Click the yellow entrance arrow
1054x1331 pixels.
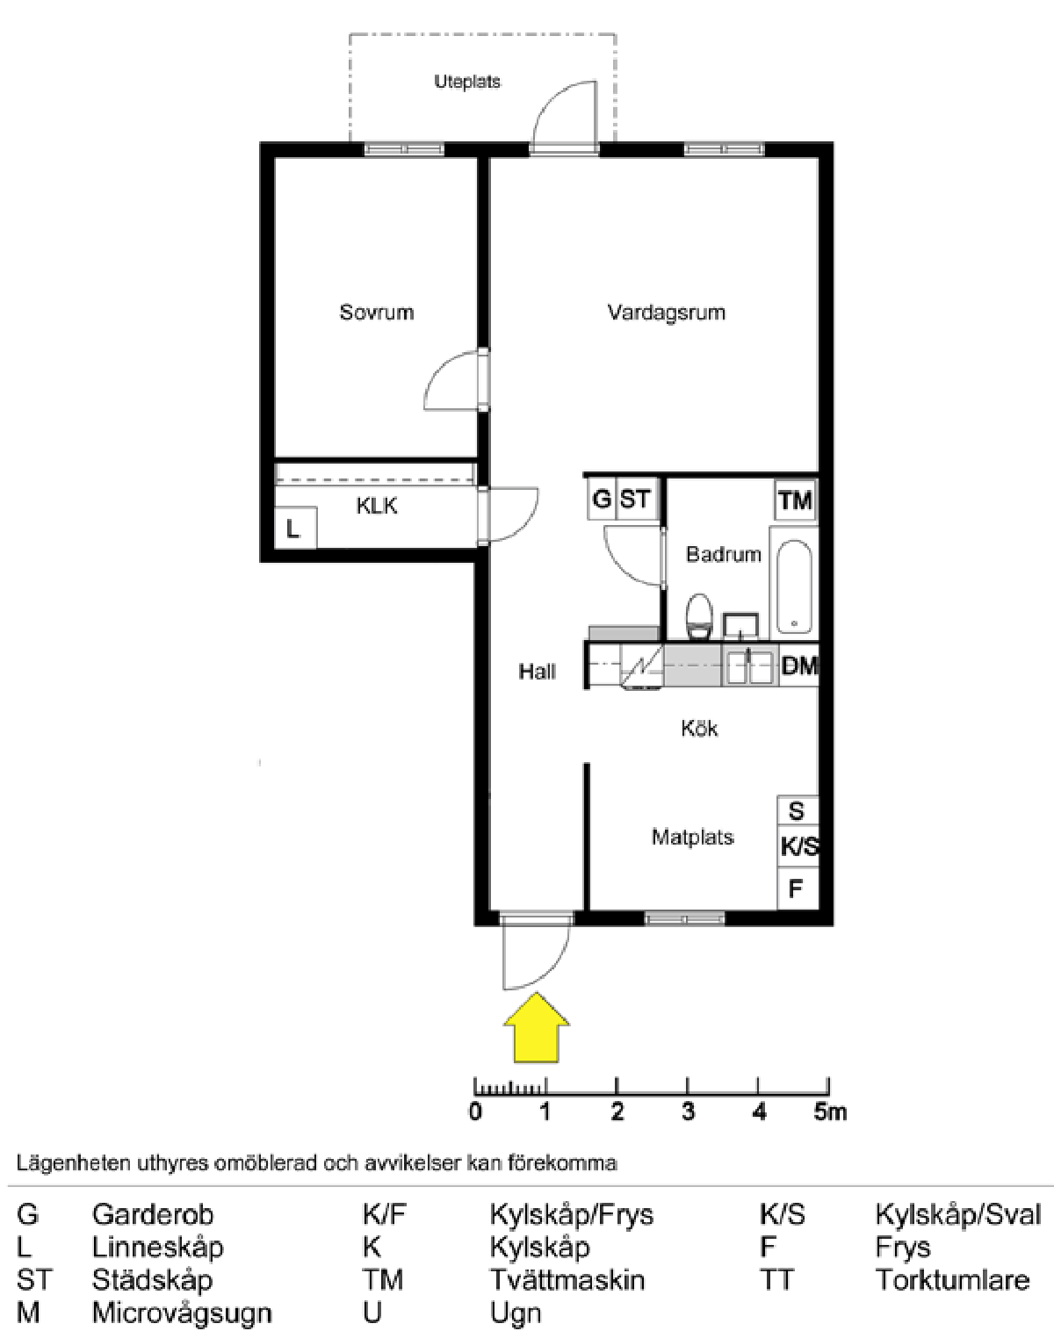[536, 1029]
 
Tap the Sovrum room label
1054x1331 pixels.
[376, 313]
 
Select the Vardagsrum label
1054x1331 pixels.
[666, 313]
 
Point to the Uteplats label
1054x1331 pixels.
[467, 83]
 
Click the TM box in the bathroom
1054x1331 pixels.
[795, 500]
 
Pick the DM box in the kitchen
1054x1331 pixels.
[798, 665]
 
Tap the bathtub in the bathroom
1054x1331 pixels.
[794, 584]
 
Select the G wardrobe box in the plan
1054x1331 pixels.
[602, 500]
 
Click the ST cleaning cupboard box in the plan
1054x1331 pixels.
[636, 500]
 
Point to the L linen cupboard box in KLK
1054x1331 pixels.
[294, 529]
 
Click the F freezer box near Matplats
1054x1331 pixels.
[796, 889]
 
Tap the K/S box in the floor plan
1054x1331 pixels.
[798, 847]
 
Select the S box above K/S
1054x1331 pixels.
[797, 810]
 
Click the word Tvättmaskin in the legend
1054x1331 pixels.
[567, 1280]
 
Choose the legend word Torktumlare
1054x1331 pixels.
[952, 1280]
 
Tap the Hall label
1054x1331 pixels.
[537, 673]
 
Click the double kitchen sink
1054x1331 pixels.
[748, 666]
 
